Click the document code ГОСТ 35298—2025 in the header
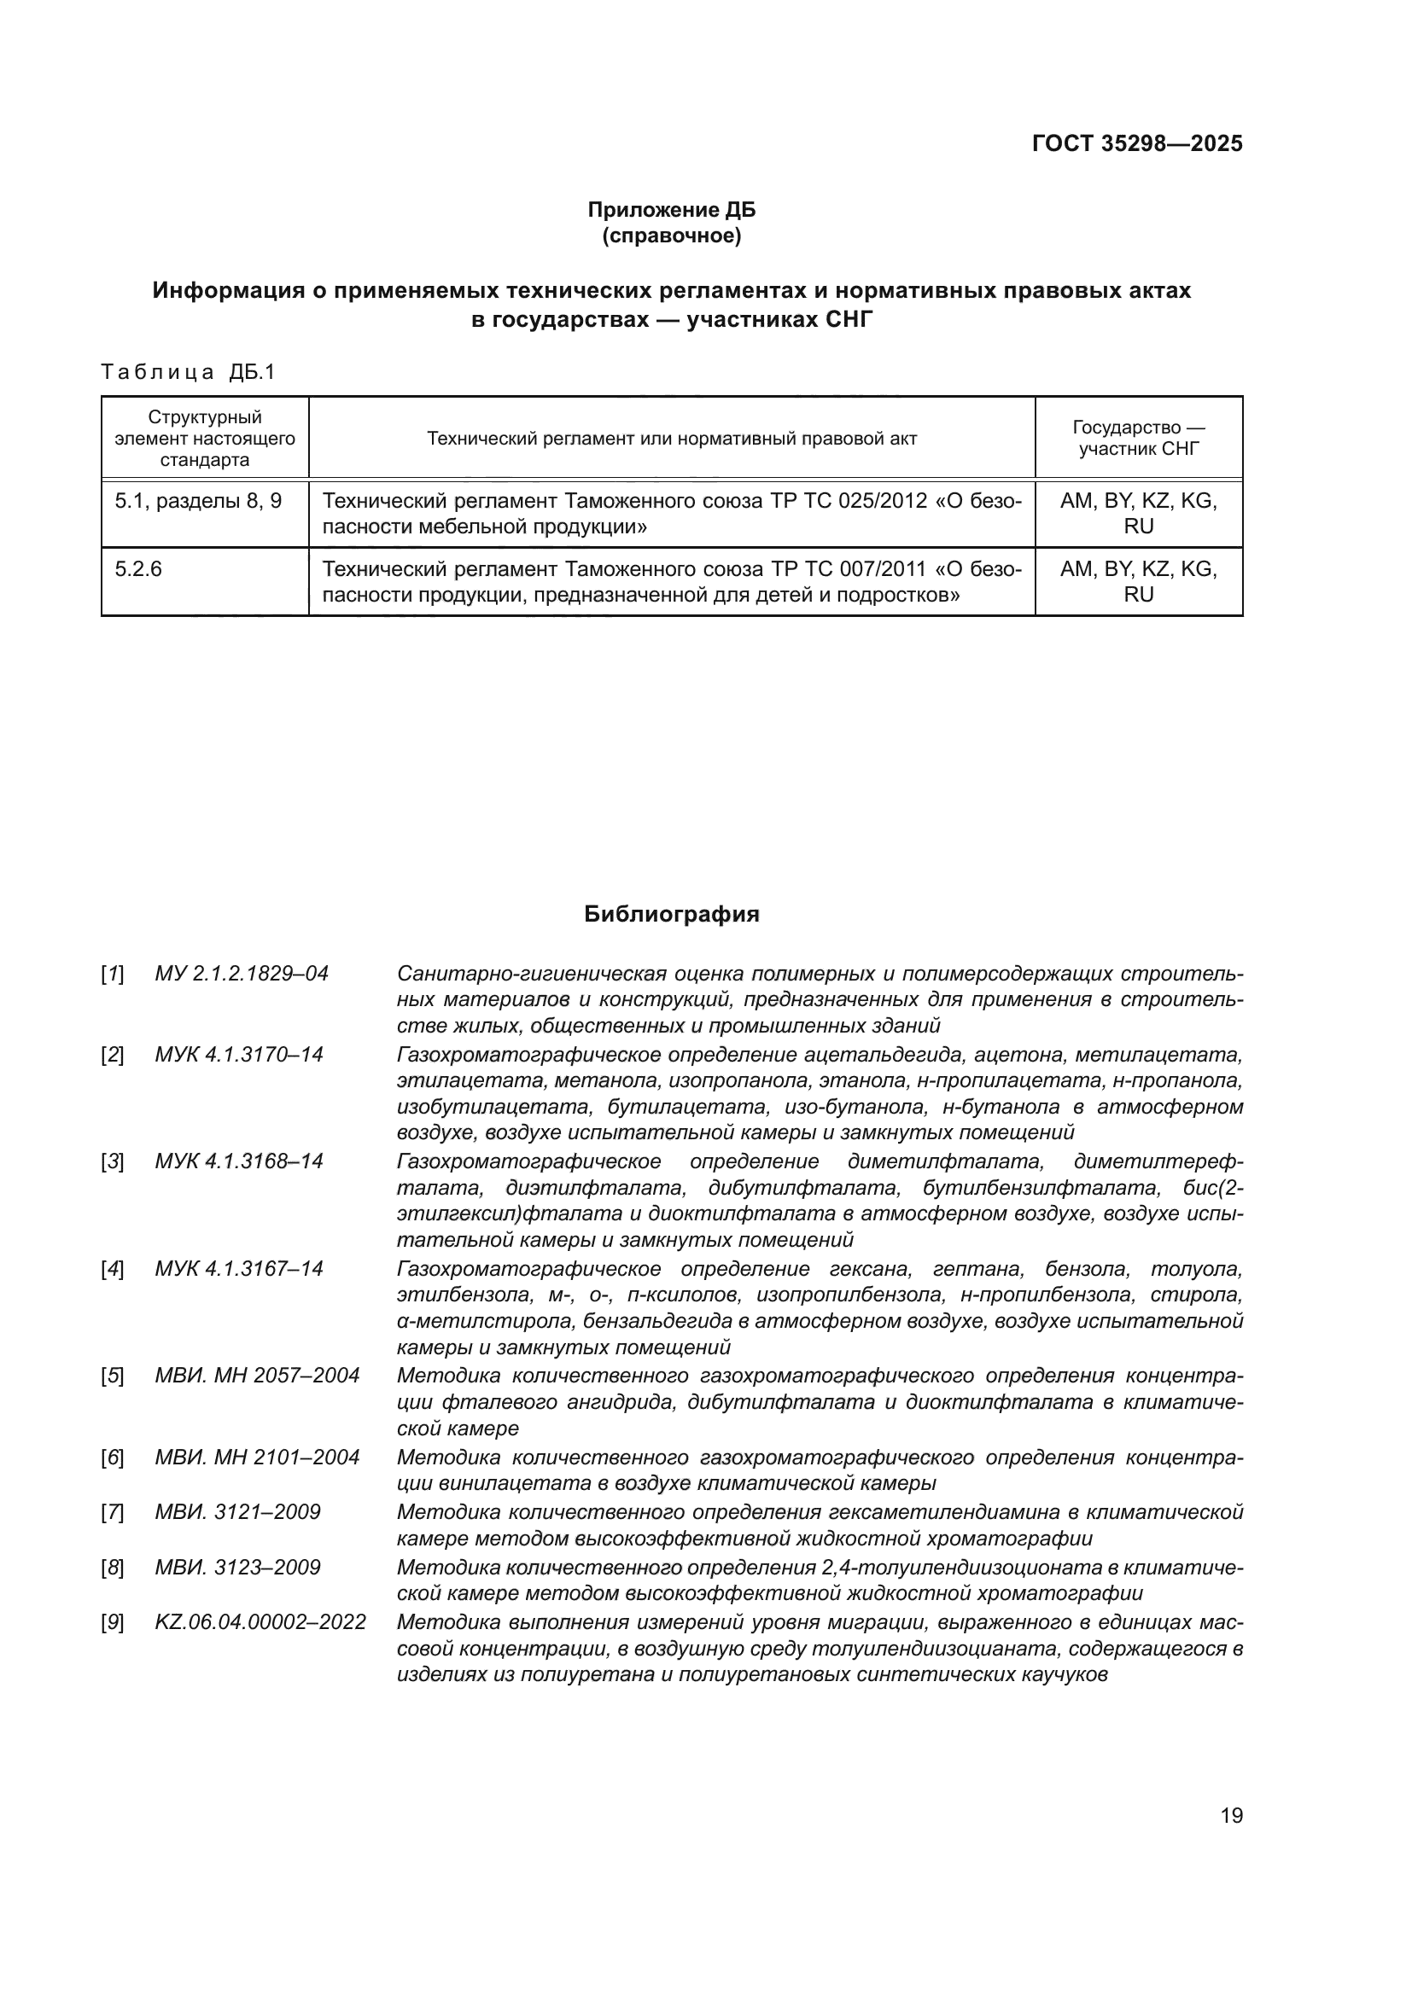(x=1136, y=143)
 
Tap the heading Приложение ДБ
(x=671, y=210)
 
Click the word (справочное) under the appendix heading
(x=671, y=236)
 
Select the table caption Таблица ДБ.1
(x=188, y=372)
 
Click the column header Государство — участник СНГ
(x=1138, y=438)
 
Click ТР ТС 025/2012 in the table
(x=849, y=501)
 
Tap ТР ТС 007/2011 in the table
(x=849, y=569)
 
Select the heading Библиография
(x=671, y=914)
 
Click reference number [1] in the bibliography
(x=112, y=974)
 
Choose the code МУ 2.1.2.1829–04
(x=242, y=974)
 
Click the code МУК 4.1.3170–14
(x=239, y=1055)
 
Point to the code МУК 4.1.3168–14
(x=239, y=1161)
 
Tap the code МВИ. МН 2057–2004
(x=257, y=1376)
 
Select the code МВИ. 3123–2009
(x=237, y=1568)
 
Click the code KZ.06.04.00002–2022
(x=261, y=1622)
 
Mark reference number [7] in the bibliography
(x=112, y=1512)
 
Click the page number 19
(x=1231, y=1815)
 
